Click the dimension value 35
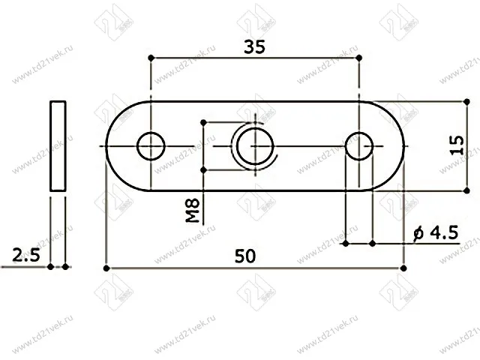(x=255, y=46)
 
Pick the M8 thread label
(x=193, y=211)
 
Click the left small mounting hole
(x=151, y=145)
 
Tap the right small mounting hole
(x=360, y=145)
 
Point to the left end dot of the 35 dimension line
(x=151, y=58)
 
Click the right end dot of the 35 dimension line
(x=361, y=58)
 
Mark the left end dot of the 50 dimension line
(x=106, y=267)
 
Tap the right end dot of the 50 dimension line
(x=403, y=267)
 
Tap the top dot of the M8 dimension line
(x=204, y=121)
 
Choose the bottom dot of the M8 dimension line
(x=204, y=170)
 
